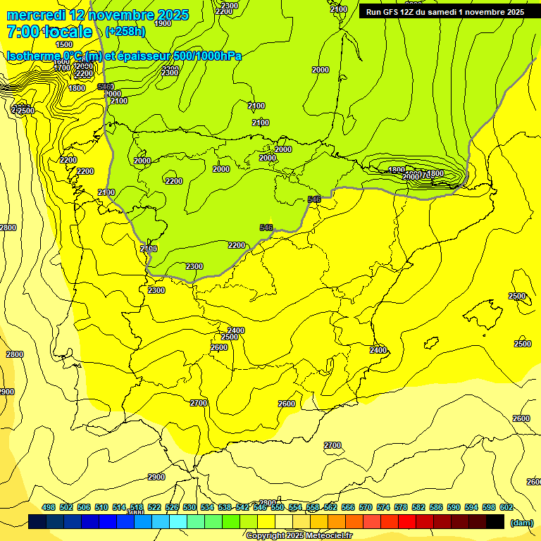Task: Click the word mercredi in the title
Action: (35, 15)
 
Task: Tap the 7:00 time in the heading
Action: (23, 32)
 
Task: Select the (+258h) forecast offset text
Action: (125, 32)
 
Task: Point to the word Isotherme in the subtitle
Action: (32, 56)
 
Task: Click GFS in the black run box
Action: (393, 12)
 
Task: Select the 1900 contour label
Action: (162, 23)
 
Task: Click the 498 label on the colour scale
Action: (49, 508)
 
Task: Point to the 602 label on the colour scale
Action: (506, 508)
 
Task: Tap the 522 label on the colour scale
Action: (154, 508)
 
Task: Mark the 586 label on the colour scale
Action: (436, 508)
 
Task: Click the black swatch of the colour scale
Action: (496, 521)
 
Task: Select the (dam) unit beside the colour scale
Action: (522, 523)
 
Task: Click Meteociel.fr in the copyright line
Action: (325, 536)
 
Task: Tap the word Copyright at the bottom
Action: (266, 536)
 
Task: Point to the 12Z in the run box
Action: (414, 12)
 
